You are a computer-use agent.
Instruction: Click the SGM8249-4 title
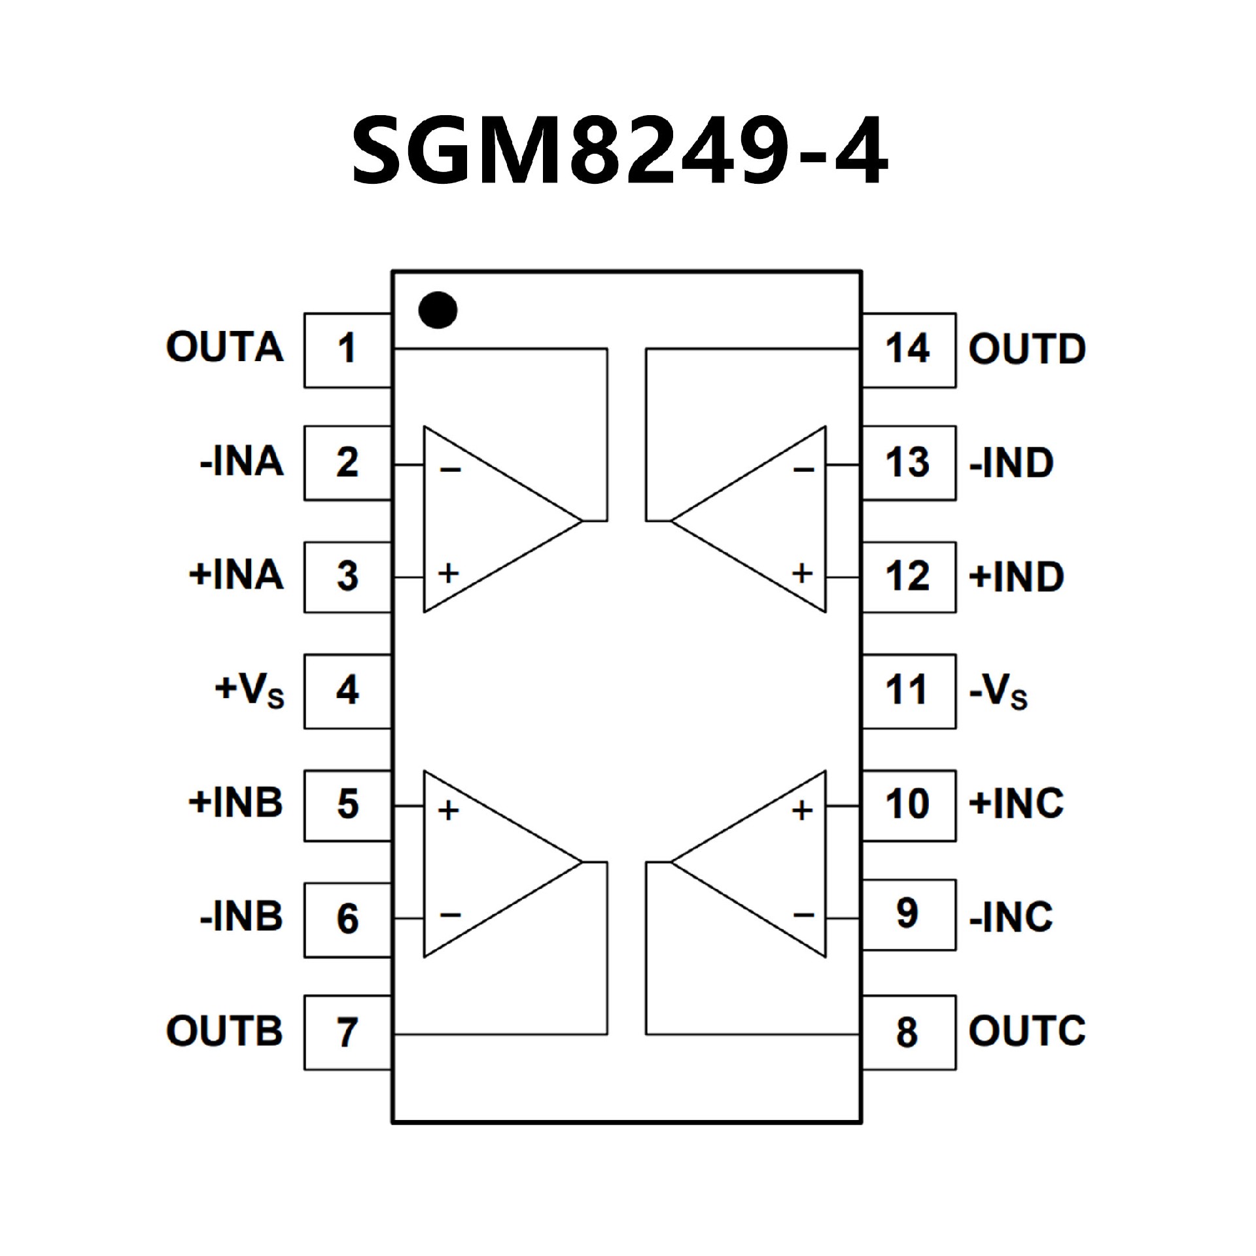coord(619,150)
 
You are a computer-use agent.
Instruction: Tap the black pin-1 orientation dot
coord(438,310)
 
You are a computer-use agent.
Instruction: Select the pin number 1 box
coord(347,350)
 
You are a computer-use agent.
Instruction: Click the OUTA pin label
coord(225,347)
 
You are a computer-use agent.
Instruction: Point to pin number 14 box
coord(908,350)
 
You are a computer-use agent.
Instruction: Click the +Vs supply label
coord(249,690)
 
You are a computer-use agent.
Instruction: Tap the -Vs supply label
coord(998,691)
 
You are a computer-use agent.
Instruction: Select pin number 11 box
coord(908,691)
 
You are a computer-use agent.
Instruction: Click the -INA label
coord(242,462)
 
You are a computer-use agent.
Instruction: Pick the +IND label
coord(1017,577)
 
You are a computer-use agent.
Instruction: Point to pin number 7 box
coord(347,1032)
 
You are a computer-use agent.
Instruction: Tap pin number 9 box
coord(908,914)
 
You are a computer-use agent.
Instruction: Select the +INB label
coord(235,803)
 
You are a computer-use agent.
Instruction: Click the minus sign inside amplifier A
coord(450,470)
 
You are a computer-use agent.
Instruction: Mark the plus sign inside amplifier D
coord(802,574)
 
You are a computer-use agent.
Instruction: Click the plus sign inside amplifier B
coord(449,811)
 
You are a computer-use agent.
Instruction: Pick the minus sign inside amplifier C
coord(803,915)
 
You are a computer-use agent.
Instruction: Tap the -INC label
coord(1011,917)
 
